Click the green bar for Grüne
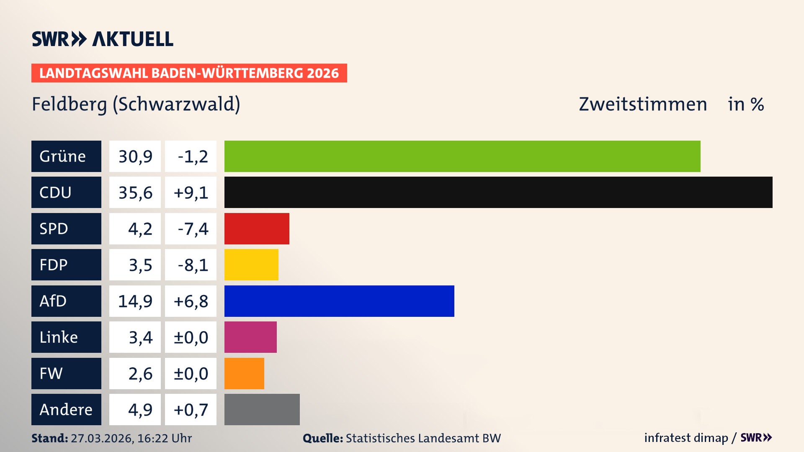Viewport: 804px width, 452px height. tap(462, 156)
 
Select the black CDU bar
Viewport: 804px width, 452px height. tap(498, 193)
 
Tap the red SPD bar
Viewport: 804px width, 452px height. tap(257, 229)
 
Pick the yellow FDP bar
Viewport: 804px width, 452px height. tap(251, 265)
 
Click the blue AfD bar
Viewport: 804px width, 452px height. tap(339, 301)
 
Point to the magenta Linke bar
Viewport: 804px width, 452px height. tap(250, 337)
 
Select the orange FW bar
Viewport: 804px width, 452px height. tap(244, 373)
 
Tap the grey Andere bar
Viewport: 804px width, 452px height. tap(262, 409)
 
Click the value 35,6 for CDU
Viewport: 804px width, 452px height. tap(135, 193)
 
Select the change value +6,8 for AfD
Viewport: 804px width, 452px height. tap(191, 301)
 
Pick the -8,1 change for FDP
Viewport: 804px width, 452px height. tap(193, 265)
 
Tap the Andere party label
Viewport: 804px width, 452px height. tap(66, 409)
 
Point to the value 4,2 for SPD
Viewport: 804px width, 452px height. tap(140, 229)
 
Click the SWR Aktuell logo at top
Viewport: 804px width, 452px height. tap(103, 39)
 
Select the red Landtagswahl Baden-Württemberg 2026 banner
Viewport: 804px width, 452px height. tap(189, 73)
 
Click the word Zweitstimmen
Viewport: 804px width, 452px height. tap(643, 104)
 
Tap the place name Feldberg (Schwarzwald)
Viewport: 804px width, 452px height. tap(136, 104)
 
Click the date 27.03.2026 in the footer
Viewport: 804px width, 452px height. tap(102, 438)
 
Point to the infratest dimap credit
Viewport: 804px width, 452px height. tap(686, 438)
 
